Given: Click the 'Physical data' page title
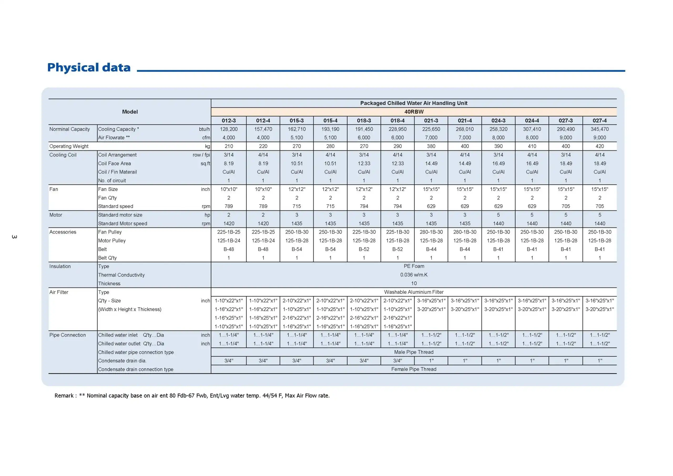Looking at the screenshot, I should (89, 68).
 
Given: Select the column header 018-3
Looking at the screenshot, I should (364, 120).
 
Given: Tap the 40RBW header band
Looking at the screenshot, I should (414, 112).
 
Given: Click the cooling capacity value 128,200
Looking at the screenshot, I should (229, 129).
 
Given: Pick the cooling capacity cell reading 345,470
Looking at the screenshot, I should (599, 129).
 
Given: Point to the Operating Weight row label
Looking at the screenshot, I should (69, 146).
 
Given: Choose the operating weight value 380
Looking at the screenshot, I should (431, 146).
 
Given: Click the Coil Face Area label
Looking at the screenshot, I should (114, 163).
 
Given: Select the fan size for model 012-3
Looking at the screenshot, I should (229, 189).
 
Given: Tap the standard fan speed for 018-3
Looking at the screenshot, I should (364, 206).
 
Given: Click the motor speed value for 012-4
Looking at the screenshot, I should (263, 224).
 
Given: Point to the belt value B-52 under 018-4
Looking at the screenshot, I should (397, 249).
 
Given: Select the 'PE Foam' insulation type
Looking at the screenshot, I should (414, 266).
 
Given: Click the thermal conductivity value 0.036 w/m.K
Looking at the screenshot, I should (414, 275).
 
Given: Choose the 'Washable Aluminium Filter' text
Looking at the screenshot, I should (414, 292).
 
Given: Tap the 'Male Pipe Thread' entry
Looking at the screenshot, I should (414, 352).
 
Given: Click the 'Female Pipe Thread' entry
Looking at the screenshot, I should (414, 369).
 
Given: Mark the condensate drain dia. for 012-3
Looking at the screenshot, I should (229, 361).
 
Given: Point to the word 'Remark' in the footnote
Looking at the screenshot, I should (64, 396).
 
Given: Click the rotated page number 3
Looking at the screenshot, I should (14, 237).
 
